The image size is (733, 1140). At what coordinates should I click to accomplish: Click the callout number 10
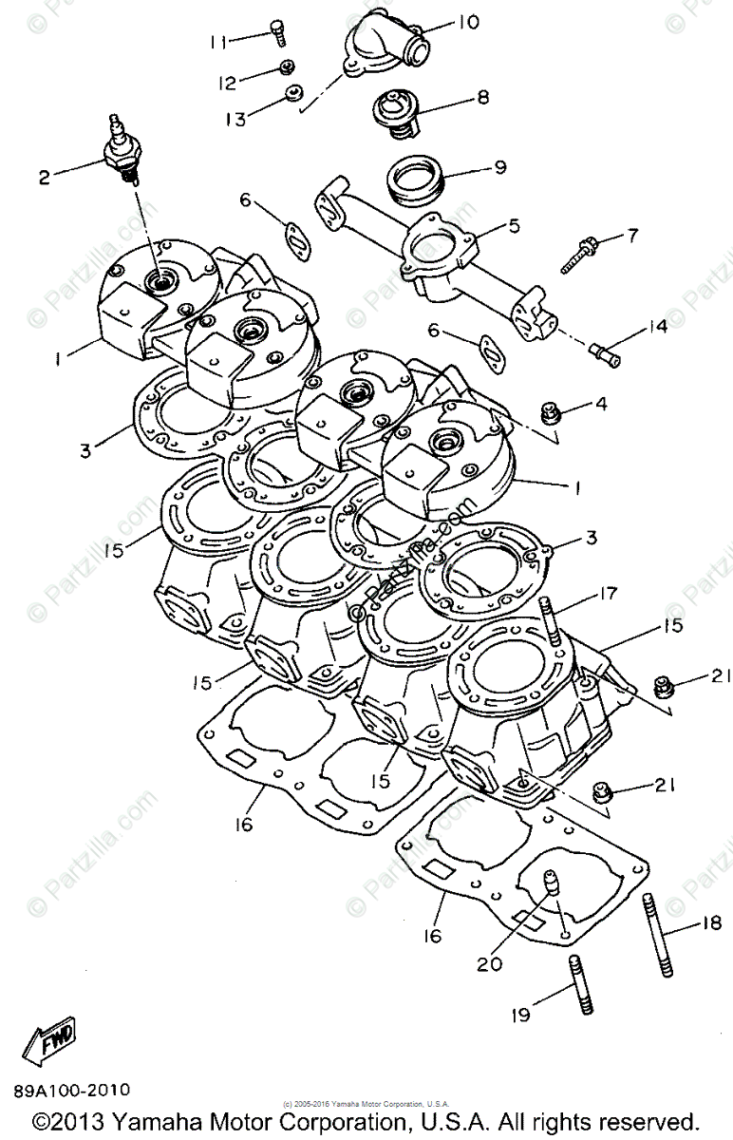coord(469,22)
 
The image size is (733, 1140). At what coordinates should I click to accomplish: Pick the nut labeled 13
coord(294,94)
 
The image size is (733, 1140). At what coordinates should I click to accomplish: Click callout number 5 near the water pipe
coord(513,226)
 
